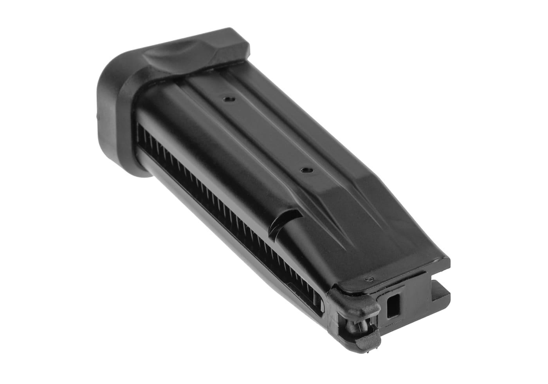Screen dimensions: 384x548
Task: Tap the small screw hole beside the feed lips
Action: (x=367, y=279)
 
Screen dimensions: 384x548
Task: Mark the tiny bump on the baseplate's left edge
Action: (x=98, y=116)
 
